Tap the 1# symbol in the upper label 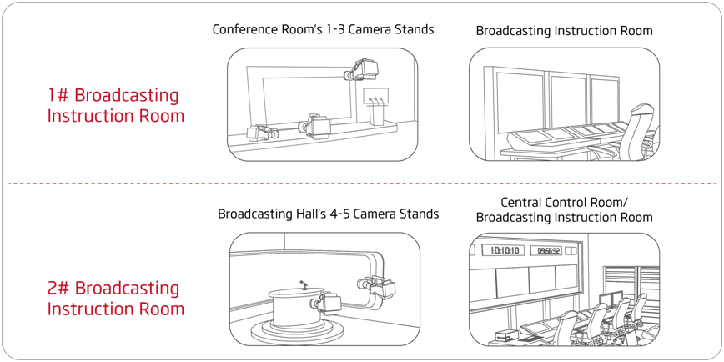[x=59, y=96]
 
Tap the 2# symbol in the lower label [x=59, y=289]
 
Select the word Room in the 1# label [x=162, y=116]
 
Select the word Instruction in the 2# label [x=88, y=309]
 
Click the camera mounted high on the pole [x=365, y=67]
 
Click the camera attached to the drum [x=324, y=302]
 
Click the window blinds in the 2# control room [x=621, y=284]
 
